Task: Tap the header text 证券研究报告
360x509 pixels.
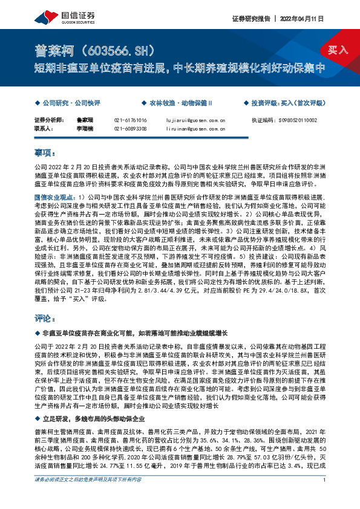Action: tap(250, 19)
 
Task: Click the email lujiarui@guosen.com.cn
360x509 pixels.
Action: tap(195, 120)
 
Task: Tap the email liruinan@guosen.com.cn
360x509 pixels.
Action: tap(195, 128)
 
